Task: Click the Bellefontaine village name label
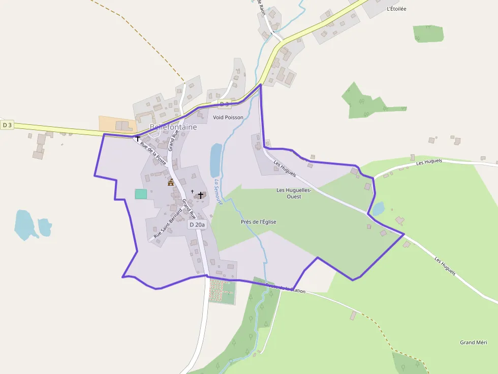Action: tap(173, 127)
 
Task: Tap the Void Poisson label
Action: tap(228, 117)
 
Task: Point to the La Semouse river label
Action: tap(218, 192)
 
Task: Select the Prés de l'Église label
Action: tap(259, 222)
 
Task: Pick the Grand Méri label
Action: tap(474, 343)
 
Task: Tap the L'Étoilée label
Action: tap(396, 9)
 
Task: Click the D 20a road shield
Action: tap(197, 224)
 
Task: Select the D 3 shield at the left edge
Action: tap(7, 125)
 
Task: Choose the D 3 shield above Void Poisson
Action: tap(224, 104)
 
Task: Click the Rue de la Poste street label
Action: tap(153, 153)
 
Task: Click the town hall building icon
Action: tap(171, 182)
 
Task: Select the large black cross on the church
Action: tap(201, 195)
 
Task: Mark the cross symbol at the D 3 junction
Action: tap(137, 138)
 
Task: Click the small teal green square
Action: tap(141, 194)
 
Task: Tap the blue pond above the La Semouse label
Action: tap(216, 160)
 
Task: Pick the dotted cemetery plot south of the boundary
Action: tap(222, 291)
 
